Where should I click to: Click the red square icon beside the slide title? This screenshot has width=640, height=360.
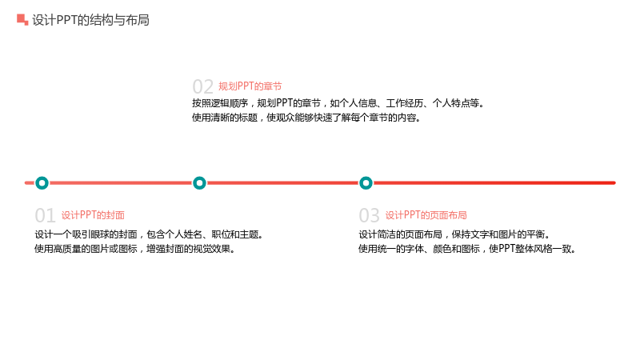pyautogui.click(x=22, y=19)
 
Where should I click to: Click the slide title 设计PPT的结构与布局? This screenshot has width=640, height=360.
pyautogui.click(x=90, y=20)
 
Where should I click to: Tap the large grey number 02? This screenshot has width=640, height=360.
pyautogui.click(x=203, y=86)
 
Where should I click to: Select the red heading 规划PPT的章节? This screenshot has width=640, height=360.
pyautogui.click(x=250, y=86)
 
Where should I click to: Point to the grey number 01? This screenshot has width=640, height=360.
pyautogui.click(x=45, y=215)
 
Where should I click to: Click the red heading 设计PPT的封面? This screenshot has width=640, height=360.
pyautogui.click(x=93, y=215)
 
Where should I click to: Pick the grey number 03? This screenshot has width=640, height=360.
pyautogui.click(x=369, y=215)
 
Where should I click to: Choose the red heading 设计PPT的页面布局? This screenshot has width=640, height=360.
pyautogui.click(x=426, y=215)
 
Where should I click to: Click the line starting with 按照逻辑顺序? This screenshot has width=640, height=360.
pyautogui.click(x=338, y=103)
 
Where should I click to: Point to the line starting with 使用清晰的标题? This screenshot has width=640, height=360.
pyautogui.click(x=306, y=118)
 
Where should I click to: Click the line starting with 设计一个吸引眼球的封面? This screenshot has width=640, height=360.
pyautogui.click(x=150, y=234)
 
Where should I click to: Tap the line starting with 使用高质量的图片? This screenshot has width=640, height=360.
pyautogui.click(x=135, y=249)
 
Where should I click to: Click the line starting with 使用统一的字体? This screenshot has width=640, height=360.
pyautogui.click(x=467, y=249)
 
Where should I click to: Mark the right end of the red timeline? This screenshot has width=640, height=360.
pyautogui.click(x=614, y=183)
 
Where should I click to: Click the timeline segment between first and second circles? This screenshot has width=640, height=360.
pyautogui.click(x=121, y=183)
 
